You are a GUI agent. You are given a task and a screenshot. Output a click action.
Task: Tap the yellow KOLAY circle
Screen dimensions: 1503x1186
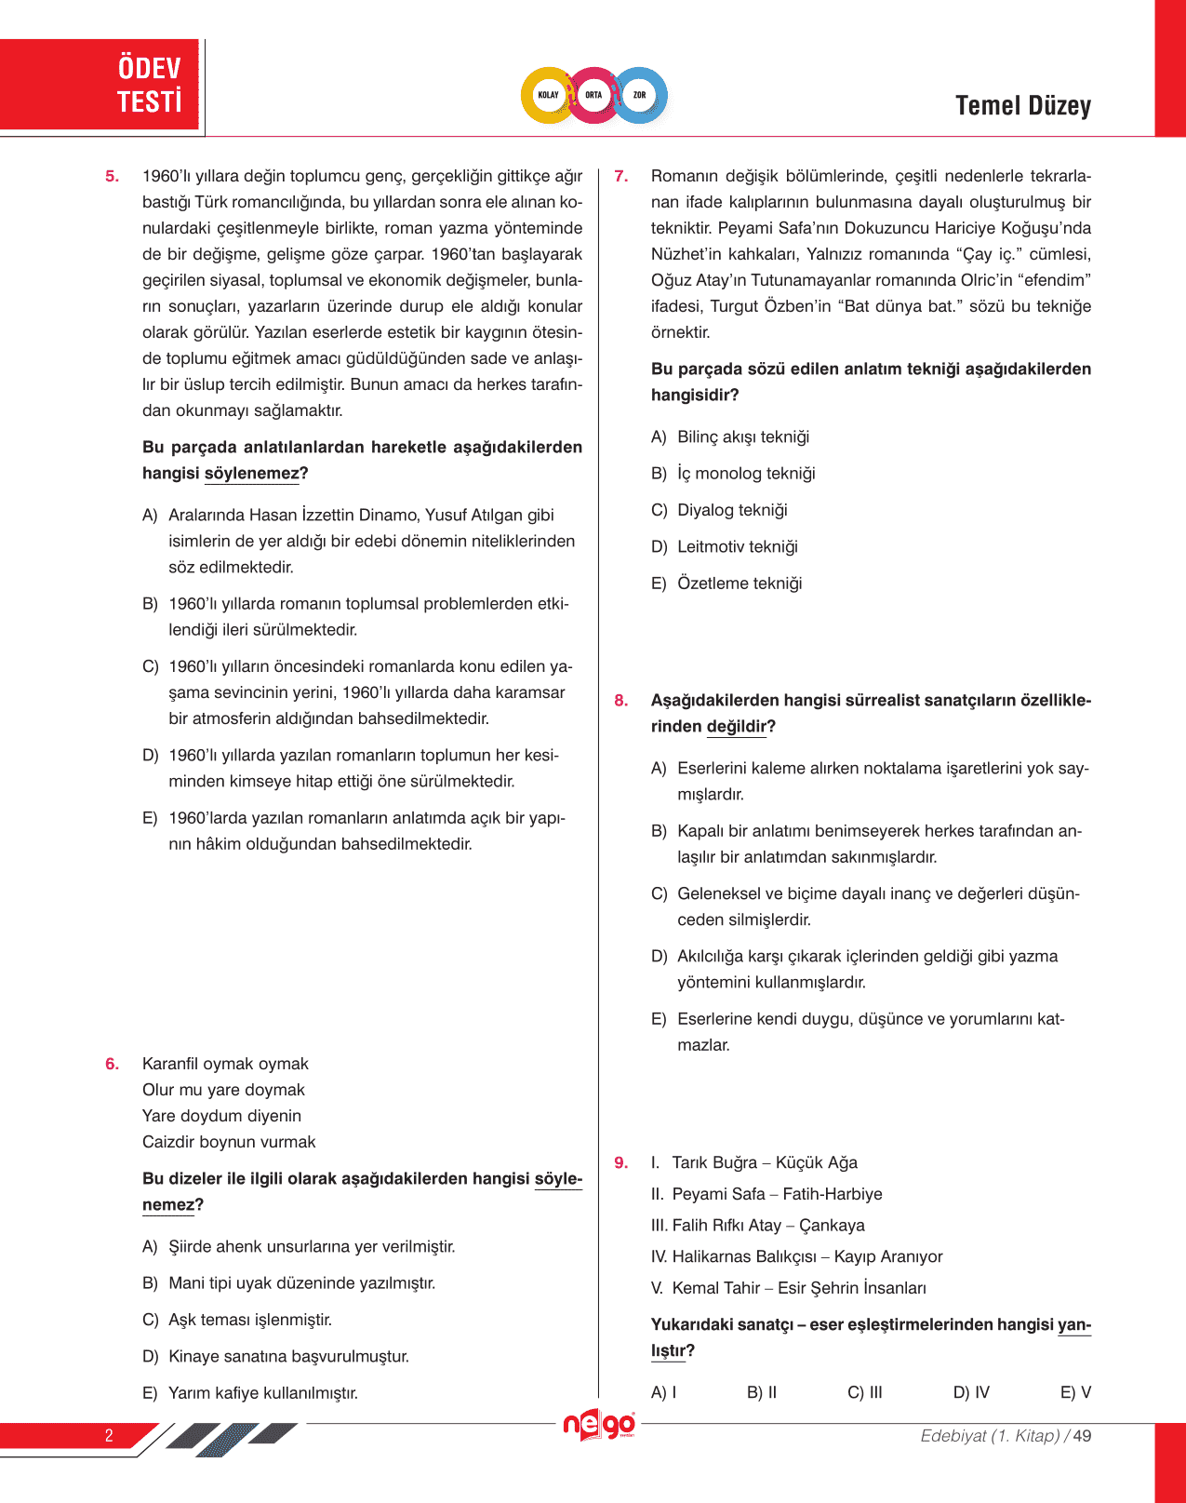[x=548, y=95]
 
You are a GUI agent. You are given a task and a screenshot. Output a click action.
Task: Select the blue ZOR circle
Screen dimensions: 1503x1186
[x=640, y=95]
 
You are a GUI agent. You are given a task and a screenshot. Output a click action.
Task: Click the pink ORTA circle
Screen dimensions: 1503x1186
[x=593, y=95]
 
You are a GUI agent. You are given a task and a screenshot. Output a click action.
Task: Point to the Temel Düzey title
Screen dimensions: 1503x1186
[x=1022, y=106]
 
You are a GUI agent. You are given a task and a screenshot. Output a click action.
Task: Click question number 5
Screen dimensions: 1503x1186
[x=112, y=176]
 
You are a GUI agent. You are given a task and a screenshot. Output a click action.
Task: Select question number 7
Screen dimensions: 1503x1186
[x=620, y=176]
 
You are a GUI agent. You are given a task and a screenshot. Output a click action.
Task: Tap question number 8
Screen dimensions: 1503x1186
[x=620, y=701]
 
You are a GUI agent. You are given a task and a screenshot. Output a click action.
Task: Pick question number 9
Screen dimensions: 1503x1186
[x=620, y=1162]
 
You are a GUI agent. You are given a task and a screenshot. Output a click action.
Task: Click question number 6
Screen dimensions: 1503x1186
[x=112, y=1064]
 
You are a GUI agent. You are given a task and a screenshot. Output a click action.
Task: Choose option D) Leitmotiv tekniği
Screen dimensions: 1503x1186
[x=725, y=547]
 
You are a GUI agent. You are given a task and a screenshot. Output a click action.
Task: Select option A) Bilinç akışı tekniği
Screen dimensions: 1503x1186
[x=730, y=437]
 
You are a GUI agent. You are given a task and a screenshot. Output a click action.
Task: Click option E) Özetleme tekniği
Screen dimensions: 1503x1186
[x=726, y=584]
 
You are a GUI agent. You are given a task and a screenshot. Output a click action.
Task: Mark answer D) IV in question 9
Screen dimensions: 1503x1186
[x=971, y=1392]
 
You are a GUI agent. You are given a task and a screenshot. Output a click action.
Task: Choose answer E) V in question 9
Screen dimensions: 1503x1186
[x=1075, y=1392]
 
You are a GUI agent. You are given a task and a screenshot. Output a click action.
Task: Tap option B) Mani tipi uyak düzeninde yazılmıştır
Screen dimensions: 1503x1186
[x=288, y=1283]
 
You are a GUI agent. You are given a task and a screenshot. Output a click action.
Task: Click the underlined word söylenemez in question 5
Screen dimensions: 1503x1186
[x=252, y=474]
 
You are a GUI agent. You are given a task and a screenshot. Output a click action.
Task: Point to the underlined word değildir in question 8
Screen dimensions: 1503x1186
[x=737, y=727]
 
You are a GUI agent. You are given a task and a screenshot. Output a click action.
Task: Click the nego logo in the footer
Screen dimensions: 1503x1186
[x=599, y=1425]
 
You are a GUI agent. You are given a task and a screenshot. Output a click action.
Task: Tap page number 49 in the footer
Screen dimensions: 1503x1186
[x=1082, y=1436]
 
